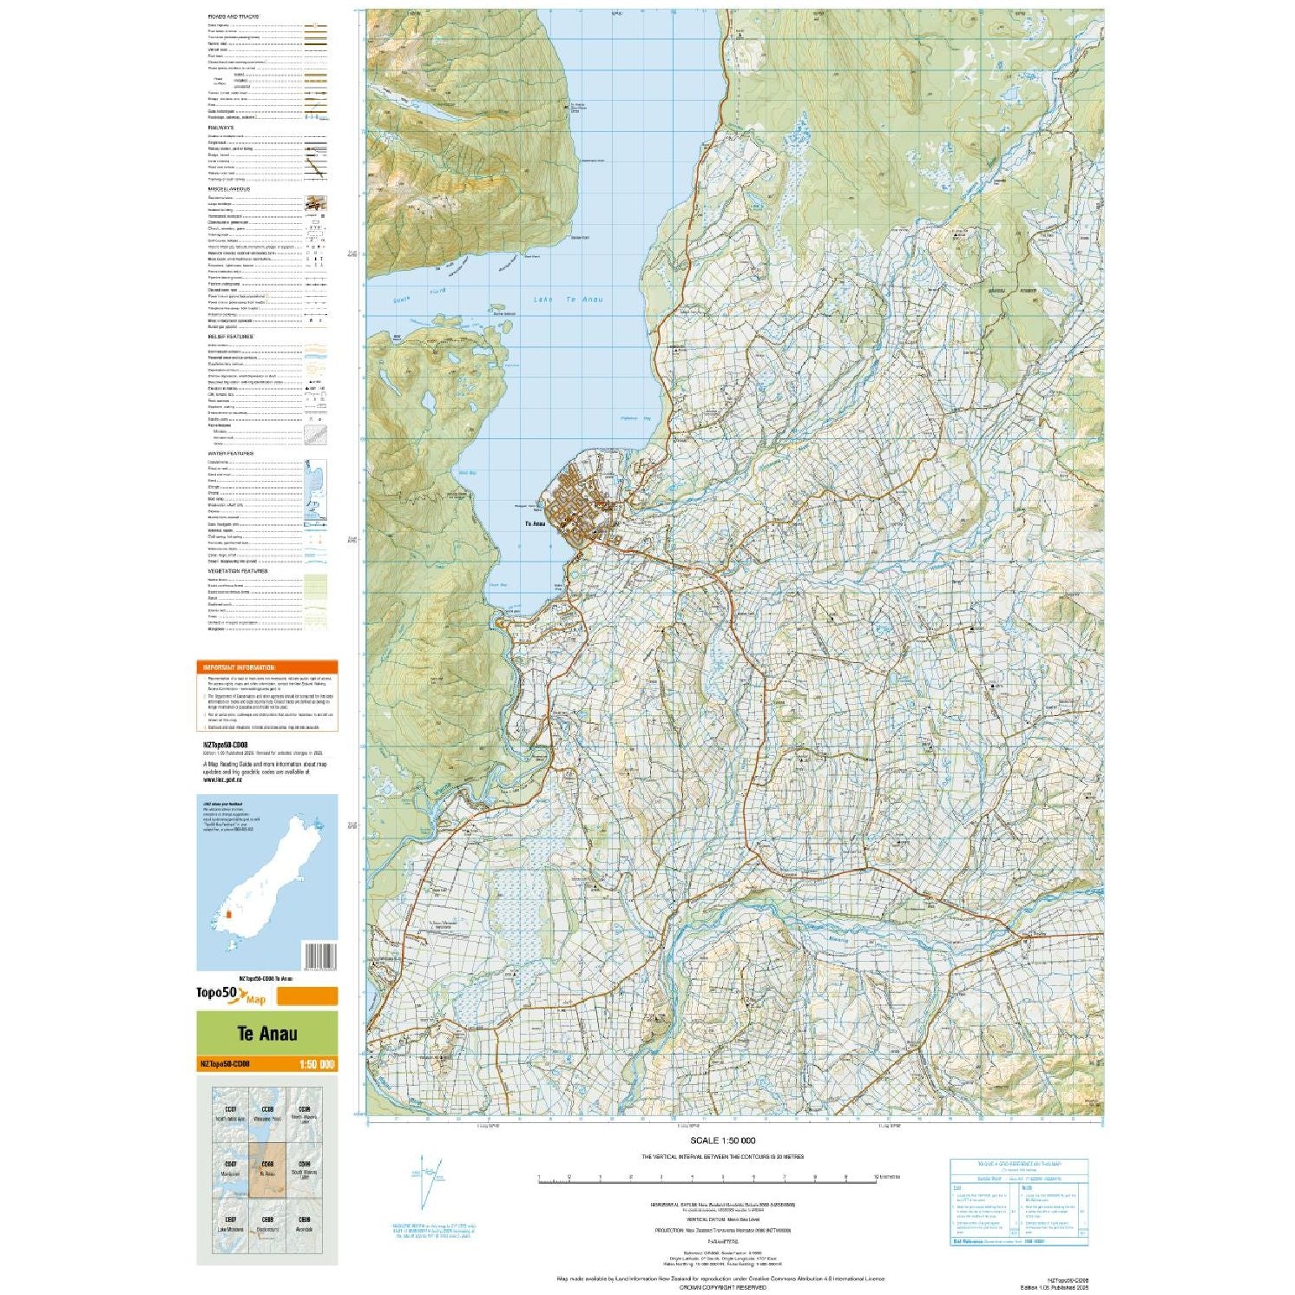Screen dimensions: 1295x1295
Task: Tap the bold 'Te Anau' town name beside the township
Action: coord(535,524)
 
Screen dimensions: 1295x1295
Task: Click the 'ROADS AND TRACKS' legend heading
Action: coord(233,16)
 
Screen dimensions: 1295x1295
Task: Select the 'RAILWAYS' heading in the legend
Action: coord(220,128)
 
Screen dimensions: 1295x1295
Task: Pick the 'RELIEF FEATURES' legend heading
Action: coord(231,337)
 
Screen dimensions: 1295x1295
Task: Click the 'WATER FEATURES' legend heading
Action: coord(231,454)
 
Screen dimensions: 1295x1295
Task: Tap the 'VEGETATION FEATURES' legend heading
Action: coord(238,571)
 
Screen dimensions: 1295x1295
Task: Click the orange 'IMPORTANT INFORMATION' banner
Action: coord(266,667)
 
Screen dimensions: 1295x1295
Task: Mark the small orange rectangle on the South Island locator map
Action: coord(229,914)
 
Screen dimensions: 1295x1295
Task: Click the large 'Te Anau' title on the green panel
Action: coord(266,1034)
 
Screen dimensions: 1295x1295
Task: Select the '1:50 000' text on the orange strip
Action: coord(316,1065)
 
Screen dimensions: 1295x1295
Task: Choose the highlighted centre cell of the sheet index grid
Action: coord(266,1169)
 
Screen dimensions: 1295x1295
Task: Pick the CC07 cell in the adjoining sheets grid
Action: coord(231,1114)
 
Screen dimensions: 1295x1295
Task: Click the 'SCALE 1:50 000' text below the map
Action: coord(722,1141)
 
